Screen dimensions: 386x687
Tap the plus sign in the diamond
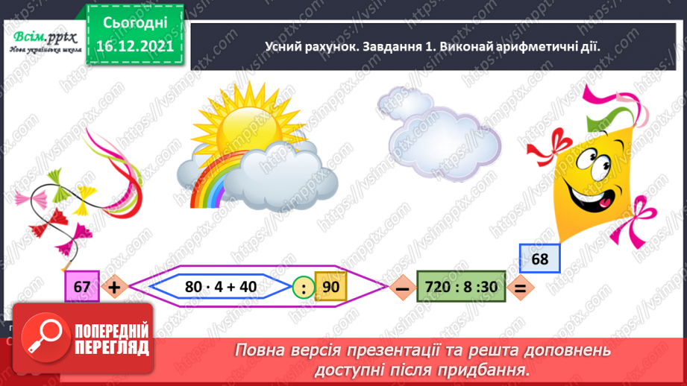(114, 287)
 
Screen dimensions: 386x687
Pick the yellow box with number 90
(330, 287)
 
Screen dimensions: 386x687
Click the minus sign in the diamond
(400, 288)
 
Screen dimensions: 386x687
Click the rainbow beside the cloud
(211, 183)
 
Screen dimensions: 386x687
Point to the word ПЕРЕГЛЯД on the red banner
(114, 348)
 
